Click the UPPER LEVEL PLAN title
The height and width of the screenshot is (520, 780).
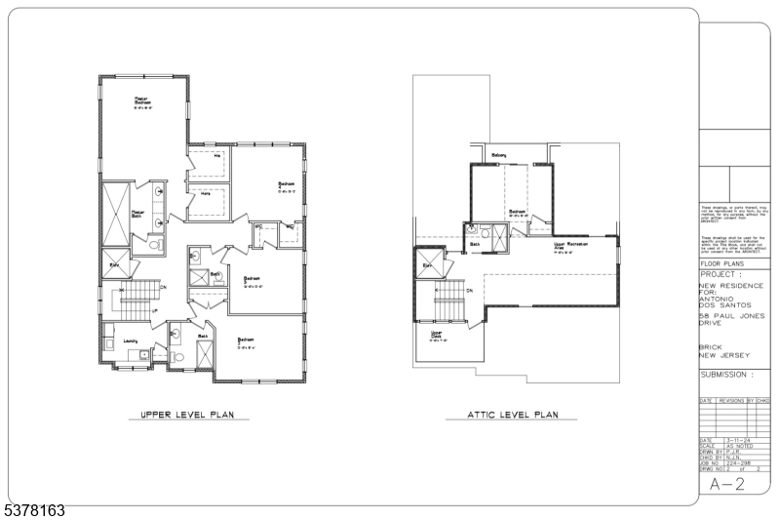pyautogui.click(x=188, y=416)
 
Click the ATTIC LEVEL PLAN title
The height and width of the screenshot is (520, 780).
pyautogui.click(x=501, y=416)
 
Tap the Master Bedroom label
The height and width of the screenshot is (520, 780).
pyautogui.click(x=142, y=100)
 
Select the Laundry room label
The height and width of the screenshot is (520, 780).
pyautogui.click(x=130, y=340)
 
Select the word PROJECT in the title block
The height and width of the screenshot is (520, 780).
pyautogui.click(x=721, y=275)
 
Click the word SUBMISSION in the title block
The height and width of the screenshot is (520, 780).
pyautogui.click(x=725, y=375)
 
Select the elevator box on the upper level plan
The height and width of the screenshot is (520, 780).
pyautogui.click(x=114, y=264)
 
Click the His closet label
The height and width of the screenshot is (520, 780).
pyautogui.click(x=217, y=155)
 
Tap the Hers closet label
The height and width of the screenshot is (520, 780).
pyautogui.click(x=206, y=193)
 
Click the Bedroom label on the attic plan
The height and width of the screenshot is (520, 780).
pyautogui.click(x=517, y=211)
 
